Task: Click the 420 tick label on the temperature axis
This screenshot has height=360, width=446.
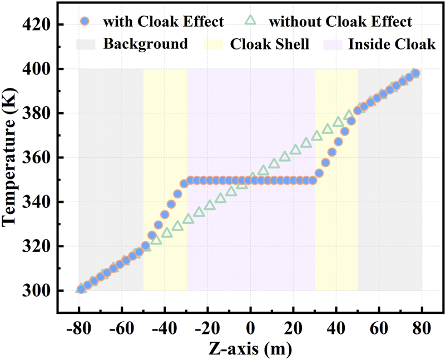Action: pyautogui.click(x=37, y=25)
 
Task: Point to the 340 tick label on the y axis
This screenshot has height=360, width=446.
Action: pyautogui.click(x=37, y=202)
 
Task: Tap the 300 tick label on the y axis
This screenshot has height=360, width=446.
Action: pyautogui.click(x=37, y=291)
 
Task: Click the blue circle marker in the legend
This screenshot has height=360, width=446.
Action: pyautogui.click(x=84, y=22)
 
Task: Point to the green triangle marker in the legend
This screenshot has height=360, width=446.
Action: pyautogui.click(x=251, y=22)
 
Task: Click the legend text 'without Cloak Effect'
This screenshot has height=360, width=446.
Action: pyautogui.click(x=340, y=22)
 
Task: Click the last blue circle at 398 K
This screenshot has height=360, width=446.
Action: pyautogui.click(x=415, y=73)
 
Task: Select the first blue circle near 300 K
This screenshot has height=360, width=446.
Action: pyautogui.click(x=81, y=289)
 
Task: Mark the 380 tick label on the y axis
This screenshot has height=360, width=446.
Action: pyautogui.click(x=37, y=113)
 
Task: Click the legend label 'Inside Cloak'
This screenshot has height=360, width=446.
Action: pyautogui.click(x=392, y=44)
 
